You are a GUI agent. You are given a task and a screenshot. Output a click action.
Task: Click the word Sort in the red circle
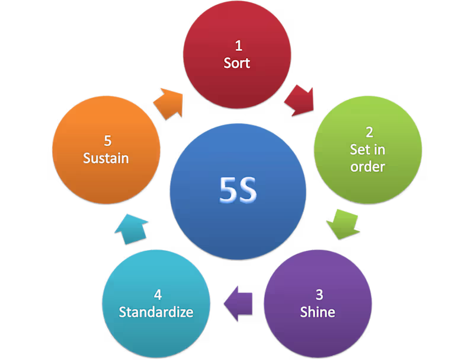tap(236, 63)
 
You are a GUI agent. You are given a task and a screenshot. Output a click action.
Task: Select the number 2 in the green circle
tap(367, 132)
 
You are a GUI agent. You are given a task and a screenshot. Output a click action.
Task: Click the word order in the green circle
tap(367, 167)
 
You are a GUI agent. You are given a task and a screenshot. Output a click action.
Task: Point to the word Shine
tap(318, 312)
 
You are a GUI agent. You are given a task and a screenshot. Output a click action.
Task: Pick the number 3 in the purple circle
tap(318, 294)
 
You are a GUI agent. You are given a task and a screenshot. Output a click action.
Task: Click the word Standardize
tap(156, 312)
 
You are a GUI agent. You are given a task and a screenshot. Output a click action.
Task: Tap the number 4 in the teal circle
tap(156, 294)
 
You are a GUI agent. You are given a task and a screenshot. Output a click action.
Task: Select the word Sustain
tap(106, 158)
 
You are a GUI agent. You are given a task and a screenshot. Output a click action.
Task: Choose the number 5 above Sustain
tap(107, 141)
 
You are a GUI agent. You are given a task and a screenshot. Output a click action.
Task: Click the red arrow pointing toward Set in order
tap(299, 100)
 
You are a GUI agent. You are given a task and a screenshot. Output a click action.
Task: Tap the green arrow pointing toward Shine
tap(344, 224)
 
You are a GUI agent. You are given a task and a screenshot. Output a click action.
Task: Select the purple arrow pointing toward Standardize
tap(239, 304)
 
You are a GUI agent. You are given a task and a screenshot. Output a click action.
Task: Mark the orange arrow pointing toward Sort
tap(168, 103)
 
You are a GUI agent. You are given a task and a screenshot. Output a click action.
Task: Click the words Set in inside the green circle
tap(367, 149)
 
